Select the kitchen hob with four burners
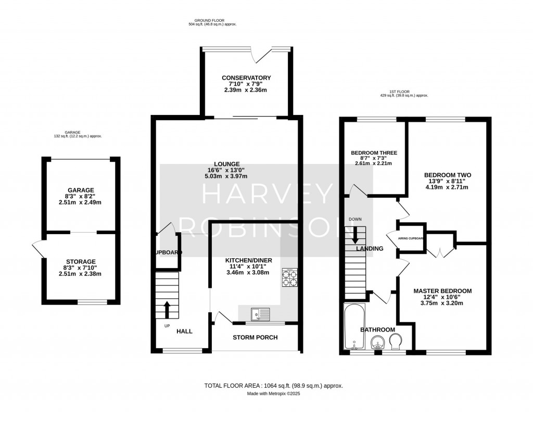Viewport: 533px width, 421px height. [289, 277]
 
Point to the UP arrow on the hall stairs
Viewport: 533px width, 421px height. [167, 309]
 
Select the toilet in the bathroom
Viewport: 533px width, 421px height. [395, 342]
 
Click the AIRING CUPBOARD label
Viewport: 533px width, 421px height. [411, 238]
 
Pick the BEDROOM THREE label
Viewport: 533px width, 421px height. [374, 153]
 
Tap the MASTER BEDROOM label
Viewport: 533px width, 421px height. [442, 291]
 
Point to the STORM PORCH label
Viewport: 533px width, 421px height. [255, 337]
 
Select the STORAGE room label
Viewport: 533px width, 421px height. [80, 262]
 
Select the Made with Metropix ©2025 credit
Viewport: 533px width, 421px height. [273, 394]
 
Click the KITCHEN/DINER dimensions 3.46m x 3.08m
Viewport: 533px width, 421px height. [248, 272]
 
